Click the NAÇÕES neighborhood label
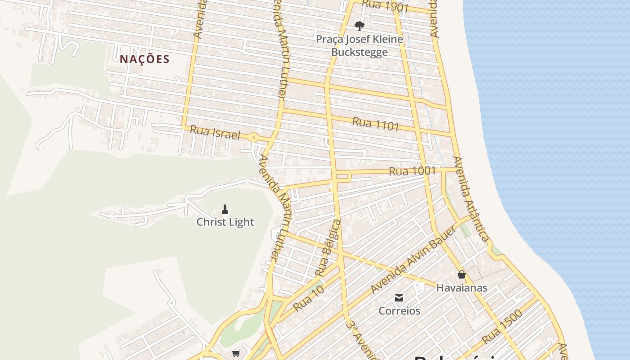(144, 59)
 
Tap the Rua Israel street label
(215, 132)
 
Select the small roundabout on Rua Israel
(254, 137)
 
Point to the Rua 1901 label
(385, 6)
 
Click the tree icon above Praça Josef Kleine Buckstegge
(359, 26)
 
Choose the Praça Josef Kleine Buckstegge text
(359, 45)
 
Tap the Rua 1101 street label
(375, 124)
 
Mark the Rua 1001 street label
(412, 171)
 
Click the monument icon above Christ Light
(225, 209)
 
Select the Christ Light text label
(225, 222)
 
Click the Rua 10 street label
(308, 298)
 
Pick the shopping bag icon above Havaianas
(461, 274)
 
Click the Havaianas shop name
(461, 288)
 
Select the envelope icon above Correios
(399, 297)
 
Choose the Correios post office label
(399, 311)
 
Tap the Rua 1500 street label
(502, 326)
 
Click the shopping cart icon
(236, 354)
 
